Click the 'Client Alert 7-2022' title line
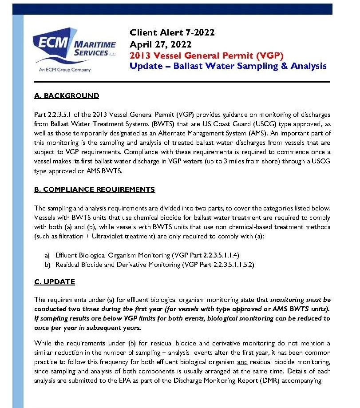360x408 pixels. tap(172, 32)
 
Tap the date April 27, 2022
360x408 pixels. tap(160, 44)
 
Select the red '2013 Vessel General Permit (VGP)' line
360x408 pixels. tap(206, 55)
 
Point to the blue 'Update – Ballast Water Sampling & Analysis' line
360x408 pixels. tap(228, 66)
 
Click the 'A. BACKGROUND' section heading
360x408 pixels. tap(66, 96)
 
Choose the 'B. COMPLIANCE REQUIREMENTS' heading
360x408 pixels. tap(94, 190)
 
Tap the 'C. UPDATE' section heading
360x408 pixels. tap(54, 282)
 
